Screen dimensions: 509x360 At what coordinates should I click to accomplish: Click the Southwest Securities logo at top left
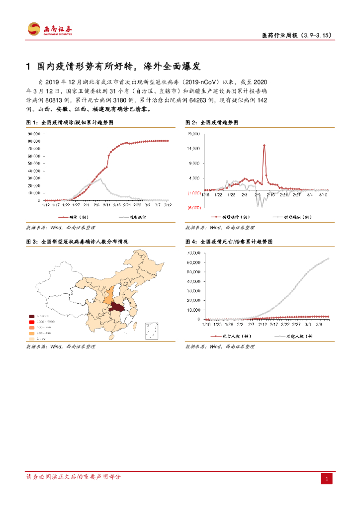50,29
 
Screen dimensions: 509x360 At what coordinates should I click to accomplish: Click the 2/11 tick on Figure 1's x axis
106,204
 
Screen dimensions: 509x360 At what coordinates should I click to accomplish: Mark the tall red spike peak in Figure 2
264,145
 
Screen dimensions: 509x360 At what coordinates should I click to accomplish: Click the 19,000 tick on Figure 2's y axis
193,134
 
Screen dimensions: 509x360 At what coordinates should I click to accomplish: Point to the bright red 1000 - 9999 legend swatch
32,322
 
